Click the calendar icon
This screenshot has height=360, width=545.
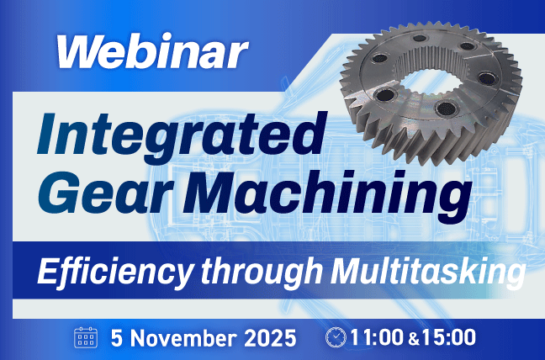click(x=87, y=338)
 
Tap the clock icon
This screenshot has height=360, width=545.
click(x=335, y=338)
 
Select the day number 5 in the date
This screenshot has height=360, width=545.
click(x=117, y=338)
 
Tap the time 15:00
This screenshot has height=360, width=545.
click(x=447, y=338)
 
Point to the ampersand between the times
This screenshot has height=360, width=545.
click(x=412, y=339)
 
